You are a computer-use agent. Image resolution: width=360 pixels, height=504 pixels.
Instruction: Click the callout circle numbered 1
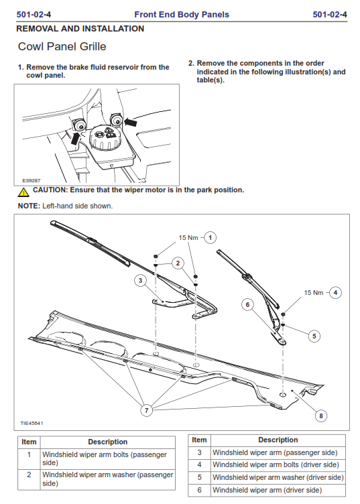(x=211, y=238)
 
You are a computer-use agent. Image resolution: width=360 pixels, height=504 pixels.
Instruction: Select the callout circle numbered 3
(x=140, y=281)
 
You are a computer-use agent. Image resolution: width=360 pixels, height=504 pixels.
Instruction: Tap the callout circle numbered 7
(x=147, y=410)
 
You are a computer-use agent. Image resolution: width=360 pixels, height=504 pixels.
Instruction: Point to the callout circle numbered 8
(x=321, y=416)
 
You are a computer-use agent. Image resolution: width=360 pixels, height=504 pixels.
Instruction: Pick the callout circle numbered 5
(x=314, y=336)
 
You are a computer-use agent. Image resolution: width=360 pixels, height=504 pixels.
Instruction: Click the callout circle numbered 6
(x=247, y=305)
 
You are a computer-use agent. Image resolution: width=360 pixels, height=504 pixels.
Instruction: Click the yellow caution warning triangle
(x=23, y=192)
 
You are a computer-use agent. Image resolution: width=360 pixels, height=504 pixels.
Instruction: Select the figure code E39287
(x=32, y=181)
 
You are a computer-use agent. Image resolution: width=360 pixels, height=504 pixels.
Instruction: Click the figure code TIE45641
(x=32, y=424)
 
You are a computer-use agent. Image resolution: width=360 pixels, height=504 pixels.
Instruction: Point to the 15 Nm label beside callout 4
(x=313, y=292)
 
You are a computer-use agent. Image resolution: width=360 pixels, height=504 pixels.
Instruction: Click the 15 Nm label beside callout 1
(x=188, y=238)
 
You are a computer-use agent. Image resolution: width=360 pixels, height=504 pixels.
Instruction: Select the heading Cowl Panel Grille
(x=62, y=47)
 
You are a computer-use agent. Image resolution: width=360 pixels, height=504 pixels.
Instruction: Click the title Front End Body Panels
(x=182, y=15)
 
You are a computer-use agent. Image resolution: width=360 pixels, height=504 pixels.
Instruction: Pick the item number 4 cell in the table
(x=199, y=464)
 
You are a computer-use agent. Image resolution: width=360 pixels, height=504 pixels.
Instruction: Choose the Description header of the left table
(x=108, y=442)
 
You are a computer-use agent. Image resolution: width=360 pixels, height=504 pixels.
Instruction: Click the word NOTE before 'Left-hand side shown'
(x=29, y=206)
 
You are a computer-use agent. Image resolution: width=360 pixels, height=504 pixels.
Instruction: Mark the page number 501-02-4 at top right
(x=330, y=15)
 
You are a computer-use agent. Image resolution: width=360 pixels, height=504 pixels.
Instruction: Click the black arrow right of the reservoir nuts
(x=131, y=122)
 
